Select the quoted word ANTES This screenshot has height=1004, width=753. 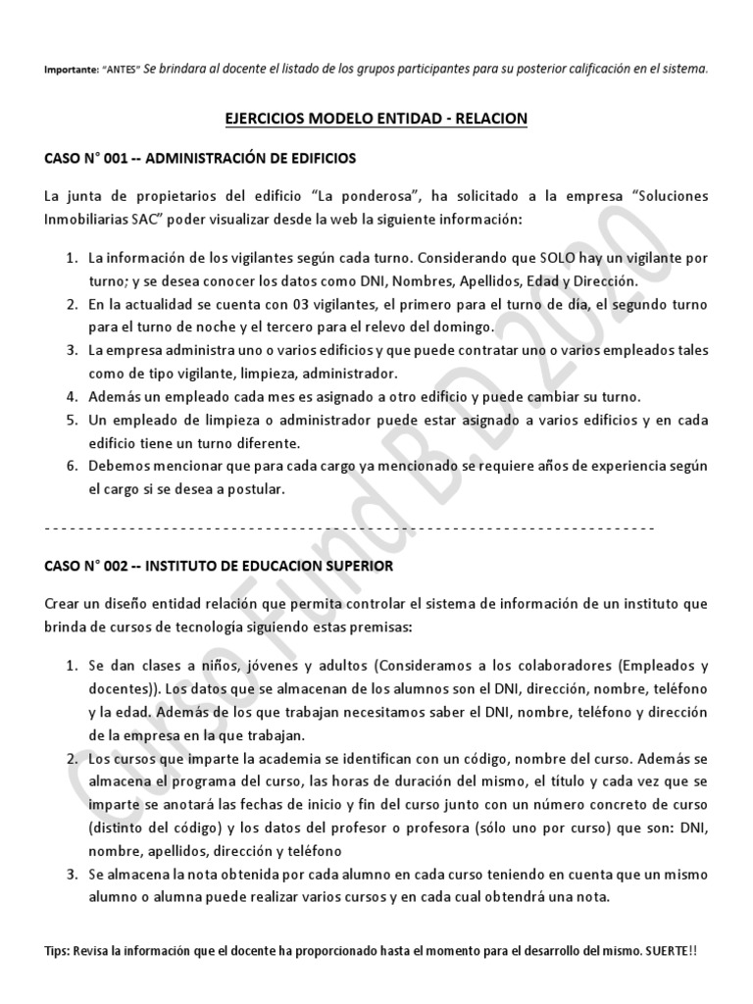121,70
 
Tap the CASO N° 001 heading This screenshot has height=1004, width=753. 201,157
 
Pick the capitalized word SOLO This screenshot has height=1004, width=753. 531,258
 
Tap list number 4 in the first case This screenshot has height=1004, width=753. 72,397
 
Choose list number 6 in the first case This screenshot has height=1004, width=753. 72,466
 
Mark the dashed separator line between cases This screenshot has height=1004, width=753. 350,528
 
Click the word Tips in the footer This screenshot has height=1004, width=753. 58,952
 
